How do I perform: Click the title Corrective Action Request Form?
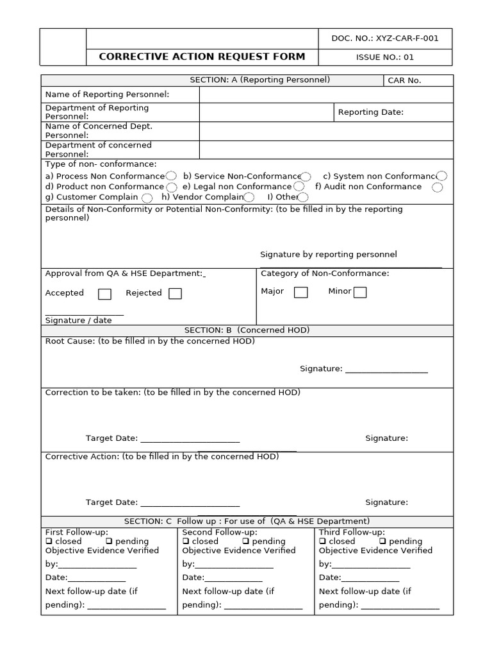[x=202, y=56]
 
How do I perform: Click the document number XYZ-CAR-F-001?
[x=385, y=38]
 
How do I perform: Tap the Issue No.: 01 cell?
[x=385, y=57]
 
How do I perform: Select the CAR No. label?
[x=405, y=81]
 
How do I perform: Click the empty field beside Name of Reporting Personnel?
[x=325, y=95]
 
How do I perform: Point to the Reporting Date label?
[x=371, y=112]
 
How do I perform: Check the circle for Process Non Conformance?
[x=171, y=176]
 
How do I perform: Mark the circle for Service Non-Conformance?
[x=306, y=176]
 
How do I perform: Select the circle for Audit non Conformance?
[x=438, y=187]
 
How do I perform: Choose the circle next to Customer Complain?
[x=147, y=198]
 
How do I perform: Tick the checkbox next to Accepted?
[x=104, y=294]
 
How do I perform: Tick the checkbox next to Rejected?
[x=175, y=294]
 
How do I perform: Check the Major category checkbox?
[x=300, y=293]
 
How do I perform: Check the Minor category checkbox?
[x=360, y=293]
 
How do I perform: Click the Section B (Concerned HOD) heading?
[x=247, y=330]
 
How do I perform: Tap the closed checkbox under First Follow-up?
[x=49, y=542]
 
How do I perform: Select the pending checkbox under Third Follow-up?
[x=382, y=542]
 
